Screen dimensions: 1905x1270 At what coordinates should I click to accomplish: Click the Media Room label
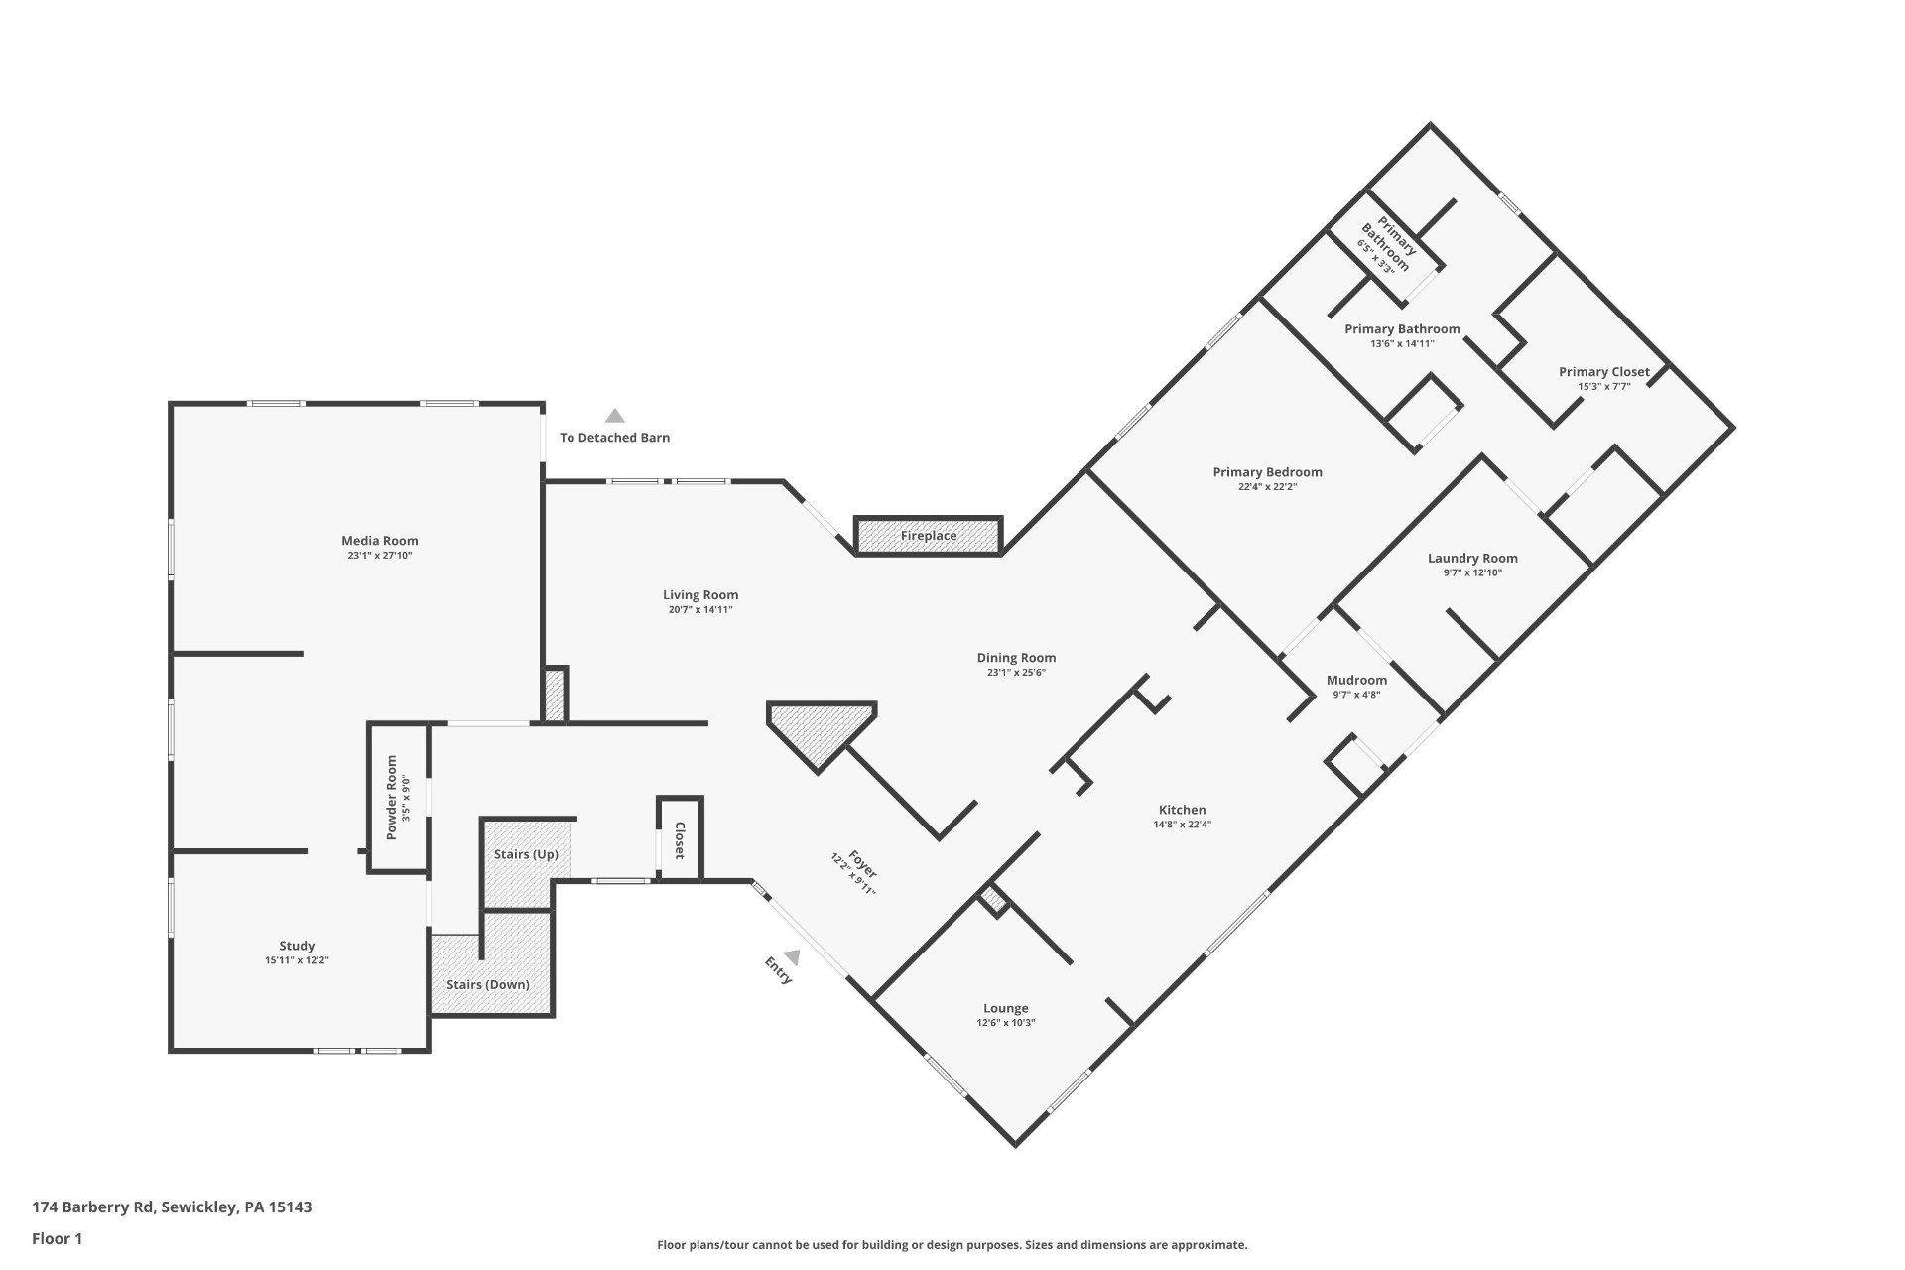coord(380,541)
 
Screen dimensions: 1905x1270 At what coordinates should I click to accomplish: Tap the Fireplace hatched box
coord(929,536)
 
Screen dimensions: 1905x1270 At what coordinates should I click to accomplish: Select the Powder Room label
coord(392,798)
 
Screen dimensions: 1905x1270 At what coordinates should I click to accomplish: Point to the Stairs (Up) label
coord(526,854)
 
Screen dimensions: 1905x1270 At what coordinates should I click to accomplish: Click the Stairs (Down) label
coord(488,985)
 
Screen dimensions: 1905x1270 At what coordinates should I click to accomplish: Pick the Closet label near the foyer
coord(680,840)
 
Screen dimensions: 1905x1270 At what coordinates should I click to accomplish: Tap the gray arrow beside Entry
coord(792,957)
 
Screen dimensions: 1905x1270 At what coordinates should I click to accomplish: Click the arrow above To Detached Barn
coord(615,416)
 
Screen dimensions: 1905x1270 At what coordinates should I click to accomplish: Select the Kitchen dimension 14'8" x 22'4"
coord(1183,825)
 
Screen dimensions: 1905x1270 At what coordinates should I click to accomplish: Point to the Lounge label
coord(1006,1008)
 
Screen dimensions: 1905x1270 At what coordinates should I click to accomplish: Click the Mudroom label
coord(1356,680)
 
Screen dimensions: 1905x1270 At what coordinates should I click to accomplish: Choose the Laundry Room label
coord(1472,559)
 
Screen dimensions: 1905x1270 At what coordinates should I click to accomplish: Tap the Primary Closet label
coord(1604,372)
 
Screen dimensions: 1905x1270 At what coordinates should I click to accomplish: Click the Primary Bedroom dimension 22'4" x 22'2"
coord(1268,487)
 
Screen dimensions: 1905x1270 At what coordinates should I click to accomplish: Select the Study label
coord(297,946)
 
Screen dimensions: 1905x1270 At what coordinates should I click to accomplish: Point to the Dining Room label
coord(1017,658)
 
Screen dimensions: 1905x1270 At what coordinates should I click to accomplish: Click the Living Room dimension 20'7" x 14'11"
coord(700,610)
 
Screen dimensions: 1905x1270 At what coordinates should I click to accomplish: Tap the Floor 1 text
coord(58,1238)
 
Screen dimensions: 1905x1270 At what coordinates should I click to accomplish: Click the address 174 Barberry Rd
coord(93,1207)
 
